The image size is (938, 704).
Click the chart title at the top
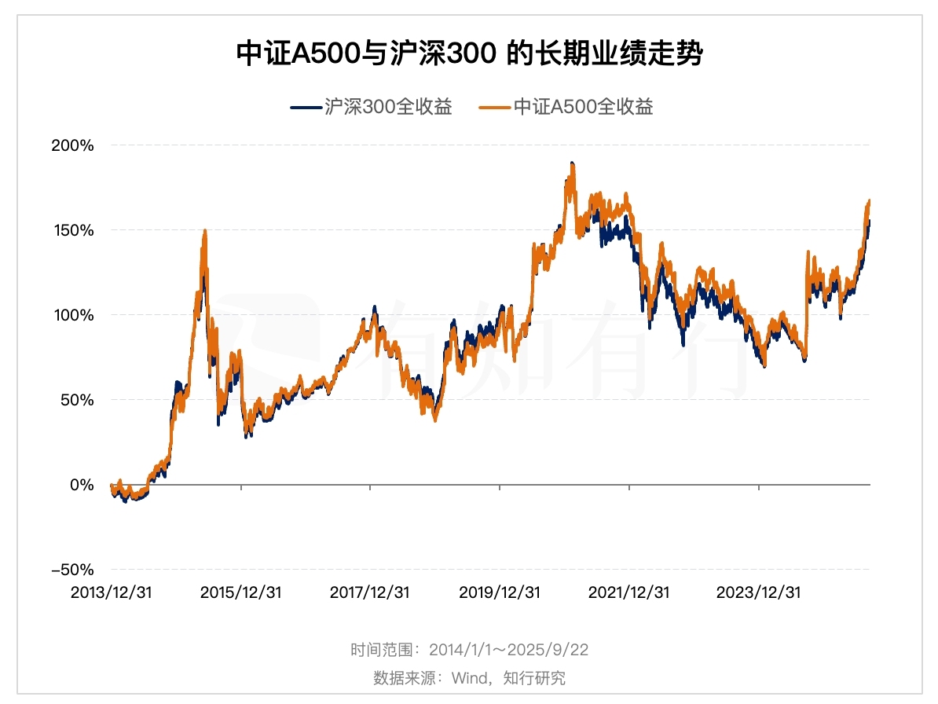coord(469,55)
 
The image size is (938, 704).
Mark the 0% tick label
coord(83,485)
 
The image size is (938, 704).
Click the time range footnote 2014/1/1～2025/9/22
coord(469,651)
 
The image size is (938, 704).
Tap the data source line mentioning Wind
coord(469,677)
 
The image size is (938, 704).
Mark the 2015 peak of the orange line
coord(205,231)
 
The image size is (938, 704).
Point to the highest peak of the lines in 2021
coord(572,163)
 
